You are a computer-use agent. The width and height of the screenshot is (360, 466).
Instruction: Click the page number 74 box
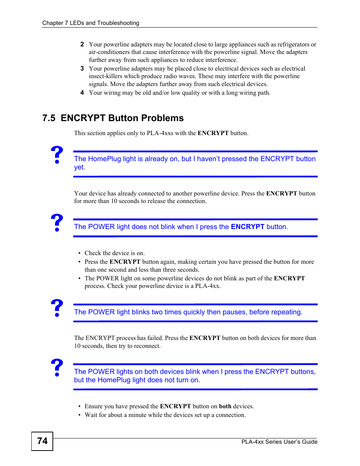42,441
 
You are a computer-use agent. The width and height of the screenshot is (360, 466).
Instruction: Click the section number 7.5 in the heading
49,118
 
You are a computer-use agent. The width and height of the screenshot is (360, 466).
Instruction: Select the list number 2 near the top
82,44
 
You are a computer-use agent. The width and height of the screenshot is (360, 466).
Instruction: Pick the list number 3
82,68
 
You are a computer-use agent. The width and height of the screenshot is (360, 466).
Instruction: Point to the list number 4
82,92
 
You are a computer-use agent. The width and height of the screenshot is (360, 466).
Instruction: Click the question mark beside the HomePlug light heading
57,155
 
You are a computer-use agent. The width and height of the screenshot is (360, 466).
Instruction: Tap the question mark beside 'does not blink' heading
57,223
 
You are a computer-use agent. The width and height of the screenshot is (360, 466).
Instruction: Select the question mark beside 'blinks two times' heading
57,308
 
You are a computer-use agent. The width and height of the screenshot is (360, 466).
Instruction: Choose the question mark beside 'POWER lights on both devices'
57,368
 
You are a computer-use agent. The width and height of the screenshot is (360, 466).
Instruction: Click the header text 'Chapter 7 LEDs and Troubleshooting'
91,23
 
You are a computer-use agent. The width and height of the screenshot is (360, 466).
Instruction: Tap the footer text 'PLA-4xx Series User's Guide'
279,442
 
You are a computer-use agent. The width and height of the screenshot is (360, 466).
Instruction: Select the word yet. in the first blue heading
80,167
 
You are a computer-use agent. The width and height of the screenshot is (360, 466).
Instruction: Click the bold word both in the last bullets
225,406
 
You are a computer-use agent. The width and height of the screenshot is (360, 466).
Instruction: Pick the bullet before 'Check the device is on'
79,253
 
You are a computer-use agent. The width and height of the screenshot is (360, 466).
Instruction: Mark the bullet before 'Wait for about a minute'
79,415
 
